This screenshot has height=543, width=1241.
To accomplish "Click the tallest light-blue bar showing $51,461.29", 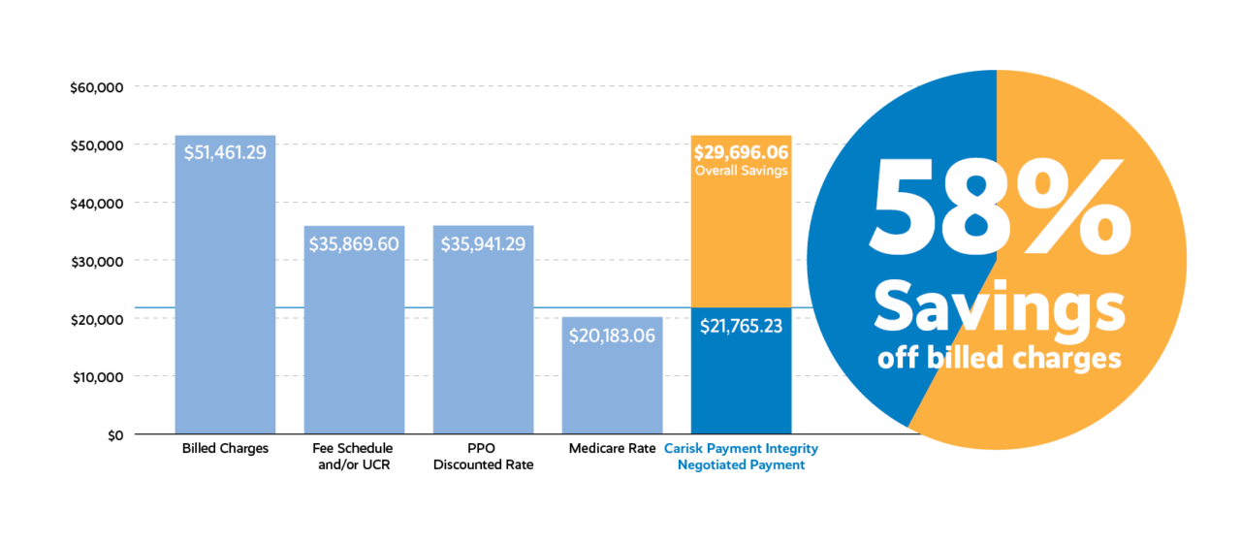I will (x=225, y=291).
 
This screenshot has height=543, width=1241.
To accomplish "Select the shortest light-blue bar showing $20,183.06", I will (x=612, y=388).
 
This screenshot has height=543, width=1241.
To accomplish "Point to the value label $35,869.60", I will (x=354, y=244).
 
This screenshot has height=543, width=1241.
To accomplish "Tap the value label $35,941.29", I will (x=483, y=244).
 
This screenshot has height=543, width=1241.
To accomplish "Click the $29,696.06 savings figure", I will (x=741, y=152).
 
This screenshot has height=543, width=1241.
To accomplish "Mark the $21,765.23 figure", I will (x=741, y=327).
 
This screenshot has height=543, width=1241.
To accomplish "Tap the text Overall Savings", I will (x=741, y=171).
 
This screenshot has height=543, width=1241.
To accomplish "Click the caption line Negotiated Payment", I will (x=741, y=465).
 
